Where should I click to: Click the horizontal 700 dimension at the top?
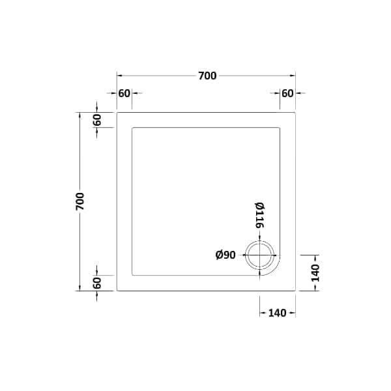click(207, 76)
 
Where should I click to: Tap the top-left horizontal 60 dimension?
click(124, 93)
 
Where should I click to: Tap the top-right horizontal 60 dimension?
click(287, 93)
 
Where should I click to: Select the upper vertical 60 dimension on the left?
click(97, 120)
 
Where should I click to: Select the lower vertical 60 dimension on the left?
click(97, 283)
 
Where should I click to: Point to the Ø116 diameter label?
click(259, 215)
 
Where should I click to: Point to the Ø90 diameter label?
click(225, 255)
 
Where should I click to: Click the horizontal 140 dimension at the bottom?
click(277, 313)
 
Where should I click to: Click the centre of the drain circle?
click(261, 256)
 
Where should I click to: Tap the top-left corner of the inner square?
click(133, 128)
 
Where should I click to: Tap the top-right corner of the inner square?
click(280, 128)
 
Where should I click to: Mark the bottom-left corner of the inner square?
click(133, 274)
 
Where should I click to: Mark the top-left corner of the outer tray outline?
click(117, 112)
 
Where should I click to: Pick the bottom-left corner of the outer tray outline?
click(117, 290)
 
